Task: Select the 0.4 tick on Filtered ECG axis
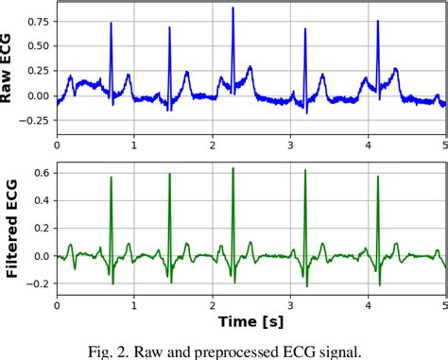pos(42,199)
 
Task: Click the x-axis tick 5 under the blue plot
pos(445,144)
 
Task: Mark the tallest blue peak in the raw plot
pos(233,9)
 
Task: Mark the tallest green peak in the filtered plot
pos(233,169)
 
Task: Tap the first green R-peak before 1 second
pos(111,177)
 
